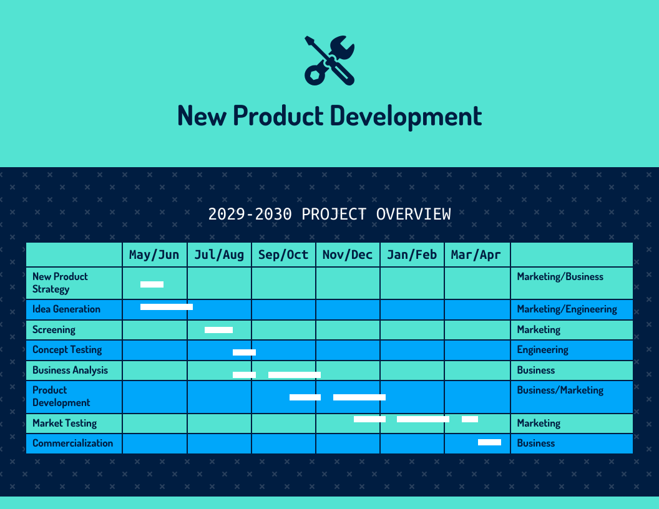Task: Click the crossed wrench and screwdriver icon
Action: (x=329, y=61)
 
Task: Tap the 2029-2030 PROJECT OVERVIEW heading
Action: (x=329, y=214)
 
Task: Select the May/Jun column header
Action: (x=154, y=254)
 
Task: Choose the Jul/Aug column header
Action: (x=219, y=254)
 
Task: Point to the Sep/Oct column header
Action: (x=283, y=254)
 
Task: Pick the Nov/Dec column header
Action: (x=348, y=254)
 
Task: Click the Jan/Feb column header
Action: (x=412, y=254)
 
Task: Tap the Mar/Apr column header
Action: (x=476, y=254)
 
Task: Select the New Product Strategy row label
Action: (x=60, y=283)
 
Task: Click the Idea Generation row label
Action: (x=66, y=309)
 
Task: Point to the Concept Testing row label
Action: (x=67, y=350)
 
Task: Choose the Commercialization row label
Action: (x=72, y=444)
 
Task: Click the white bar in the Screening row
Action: (x=218, y=330)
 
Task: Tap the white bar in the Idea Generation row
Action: (x=167, y=307)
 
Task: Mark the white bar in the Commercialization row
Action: (x=489, y=442)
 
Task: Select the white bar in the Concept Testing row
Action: (x=244, y=352)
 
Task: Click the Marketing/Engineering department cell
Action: (x=567, y=309)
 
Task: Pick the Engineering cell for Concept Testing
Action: (x=542, y=350)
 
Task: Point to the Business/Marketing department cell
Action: (x=560, y=390)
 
